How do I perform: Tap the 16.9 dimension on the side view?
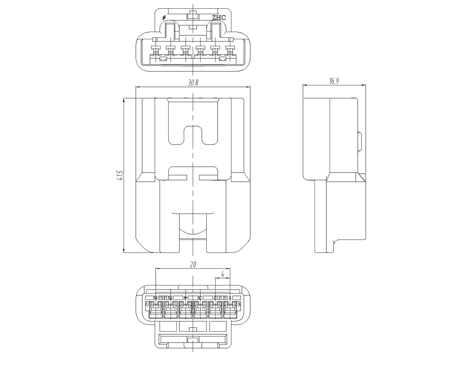[x=334, y=81]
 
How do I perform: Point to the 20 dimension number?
[x=193, y=264]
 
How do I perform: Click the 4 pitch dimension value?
[x=223, y=274]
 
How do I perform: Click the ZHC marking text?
[x=219, y=18]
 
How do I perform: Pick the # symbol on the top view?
[x=164, y=18]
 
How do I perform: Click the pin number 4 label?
[x=186, y=298]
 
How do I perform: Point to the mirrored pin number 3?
[x=200, y=298]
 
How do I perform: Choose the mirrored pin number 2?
[x=215, y=298]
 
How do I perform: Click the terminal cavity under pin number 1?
[x=230, y=310]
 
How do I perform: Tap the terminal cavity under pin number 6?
[x=156, y=310]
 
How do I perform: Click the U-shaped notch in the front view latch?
[x=193, y=135]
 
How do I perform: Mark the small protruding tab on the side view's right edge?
[x=360, y=142]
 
